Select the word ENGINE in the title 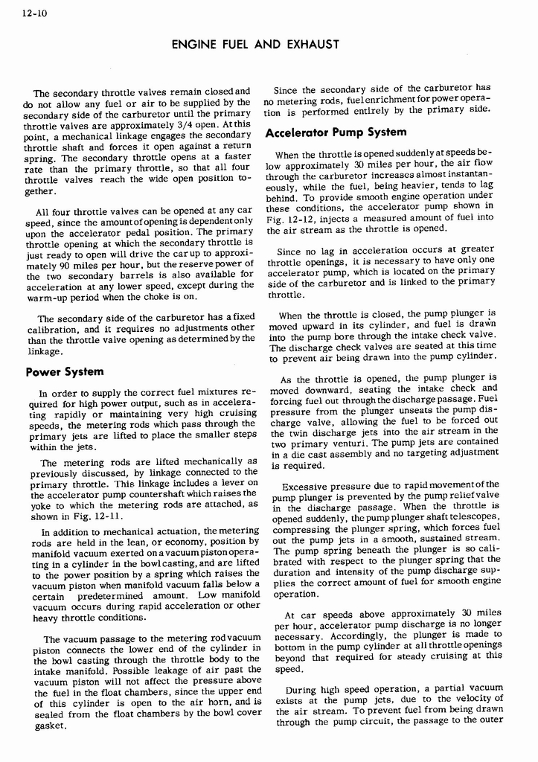[x=193, y=45]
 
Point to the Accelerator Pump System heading [x=336, y=132]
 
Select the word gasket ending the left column [x=50, y=726]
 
